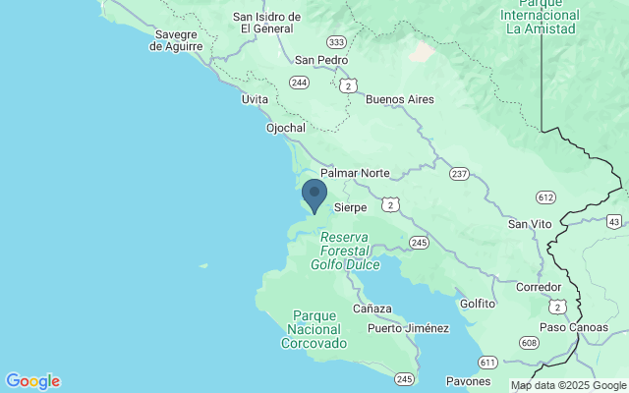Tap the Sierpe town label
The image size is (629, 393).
coord(351,207)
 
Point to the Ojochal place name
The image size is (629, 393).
coord(286,128)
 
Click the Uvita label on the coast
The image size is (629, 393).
coord(256,99)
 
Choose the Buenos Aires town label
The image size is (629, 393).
coord(399,99)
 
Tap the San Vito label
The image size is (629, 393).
coord(529,224)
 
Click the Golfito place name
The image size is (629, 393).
coord(478,304)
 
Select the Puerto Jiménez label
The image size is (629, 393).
coord(408,328)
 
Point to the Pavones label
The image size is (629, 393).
coord(467,380)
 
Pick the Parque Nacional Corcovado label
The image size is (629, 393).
coord(314,329)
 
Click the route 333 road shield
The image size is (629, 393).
coord(337,42)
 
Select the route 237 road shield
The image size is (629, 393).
coord(458,174)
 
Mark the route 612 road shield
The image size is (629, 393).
coord(545,197)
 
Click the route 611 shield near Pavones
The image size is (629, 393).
coord(488,363)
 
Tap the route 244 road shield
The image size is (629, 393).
coord(300,82)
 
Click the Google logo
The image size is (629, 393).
coord(32,381)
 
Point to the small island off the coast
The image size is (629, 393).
coord(203,265)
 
